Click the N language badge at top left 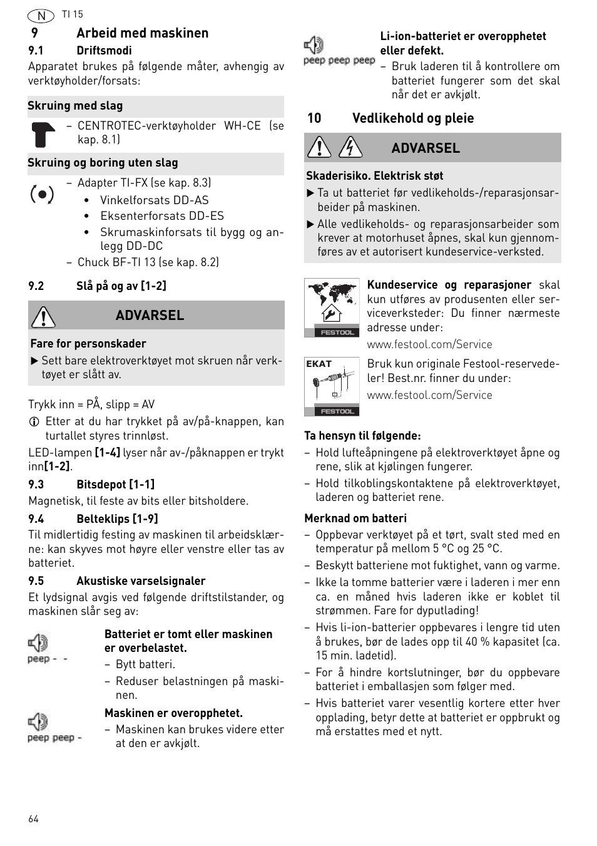41,16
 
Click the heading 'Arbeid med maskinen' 142,33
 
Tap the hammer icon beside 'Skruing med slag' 43,134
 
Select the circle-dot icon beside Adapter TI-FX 42,195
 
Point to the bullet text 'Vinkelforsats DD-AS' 154,200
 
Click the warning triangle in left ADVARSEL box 44,316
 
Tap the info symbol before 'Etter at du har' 34,422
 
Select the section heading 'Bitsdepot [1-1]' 115,484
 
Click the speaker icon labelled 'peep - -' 38,643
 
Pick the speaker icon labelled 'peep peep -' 38,721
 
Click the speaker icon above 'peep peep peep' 314,45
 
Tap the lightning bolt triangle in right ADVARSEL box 350,148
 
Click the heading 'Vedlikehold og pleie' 412,118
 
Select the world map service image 332,307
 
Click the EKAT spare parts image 332,386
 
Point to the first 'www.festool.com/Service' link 429,344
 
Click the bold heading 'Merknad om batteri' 355,518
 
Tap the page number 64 33,819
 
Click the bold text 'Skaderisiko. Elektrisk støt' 374,176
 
